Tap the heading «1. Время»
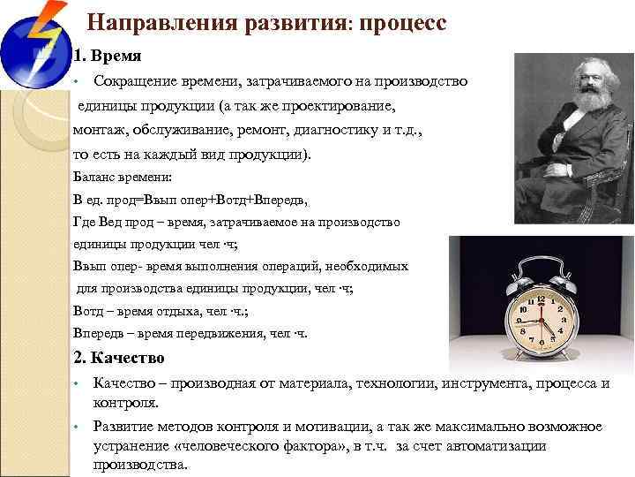pos(107,57)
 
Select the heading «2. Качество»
pos(119,358)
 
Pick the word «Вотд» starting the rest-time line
pos(88,312)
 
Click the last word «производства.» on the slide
pos(141,465)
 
